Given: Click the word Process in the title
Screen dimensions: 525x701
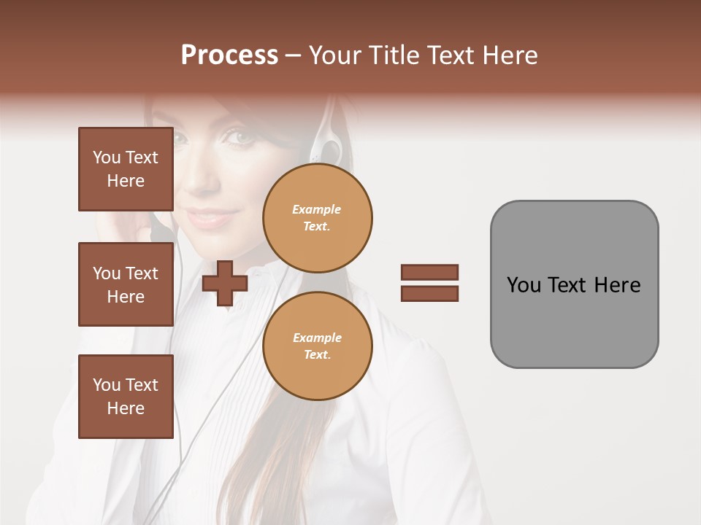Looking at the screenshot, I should (x=229, y=55).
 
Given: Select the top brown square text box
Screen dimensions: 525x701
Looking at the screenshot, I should (x=126, y=169).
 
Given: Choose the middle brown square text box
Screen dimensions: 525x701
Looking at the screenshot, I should (x=126, y=284).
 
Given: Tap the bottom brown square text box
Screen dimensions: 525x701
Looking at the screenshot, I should (x=126, y=397).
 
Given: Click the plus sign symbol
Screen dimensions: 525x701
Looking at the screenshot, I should (x=225, y=283).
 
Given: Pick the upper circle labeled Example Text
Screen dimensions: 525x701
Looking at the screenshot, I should (x=317, y=217).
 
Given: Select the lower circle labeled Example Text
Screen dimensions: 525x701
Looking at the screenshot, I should (x=317, y=346).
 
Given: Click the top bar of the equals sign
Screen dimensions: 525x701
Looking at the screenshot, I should (x=429, y=273).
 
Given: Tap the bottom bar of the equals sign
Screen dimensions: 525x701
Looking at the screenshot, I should (x=429, y=293).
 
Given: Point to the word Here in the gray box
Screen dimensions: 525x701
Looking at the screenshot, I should (x=617, y=284).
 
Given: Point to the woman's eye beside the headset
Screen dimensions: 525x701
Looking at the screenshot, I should (x=241, y=136).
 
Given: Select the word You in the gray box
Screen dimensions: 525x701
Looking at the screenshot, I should (x=524, y=284).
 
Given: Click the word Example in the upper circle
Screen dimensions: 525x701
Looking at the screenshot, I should (x=317, y=209).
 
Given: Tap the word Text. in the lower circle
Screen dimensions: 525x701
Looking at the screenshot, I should (x=317, y=354).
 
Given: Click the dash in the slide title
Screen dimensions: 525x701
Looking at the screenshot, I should (x=294, y=55).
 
